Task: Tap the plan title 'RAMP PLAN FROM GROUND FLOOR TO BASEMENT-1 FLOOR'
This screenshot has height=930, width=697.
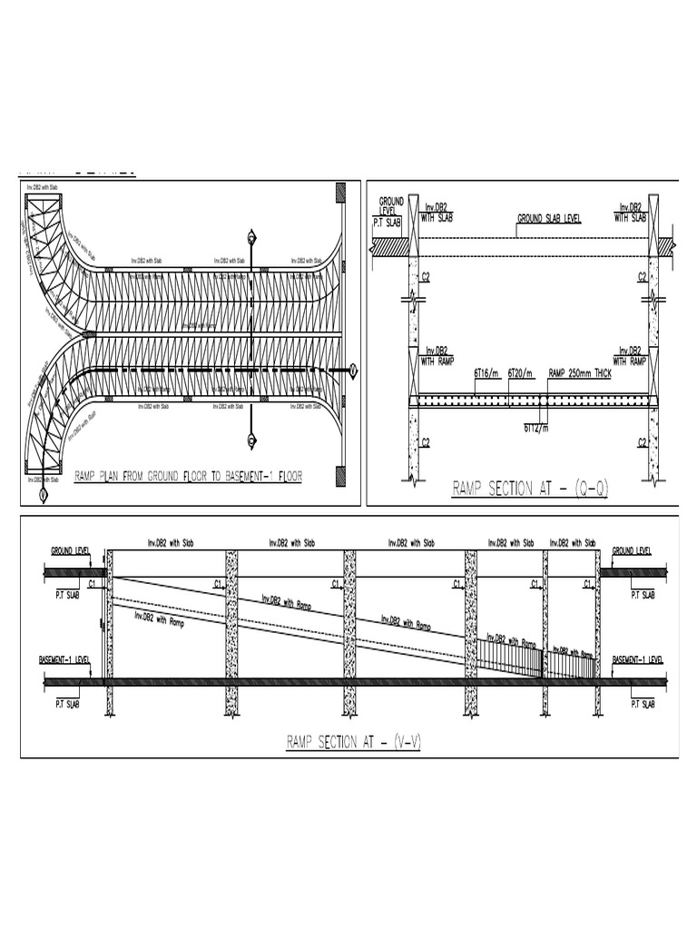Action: [x=188, y=475]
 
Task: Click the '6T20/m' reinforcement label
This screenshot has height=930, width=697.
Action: [x=522, y=372]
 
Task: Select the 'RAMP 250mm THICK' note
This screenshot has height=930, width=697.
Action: [x=579, y=372]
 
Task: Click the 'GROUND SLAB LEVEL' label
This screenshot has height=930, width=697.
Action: [x=549, y=219]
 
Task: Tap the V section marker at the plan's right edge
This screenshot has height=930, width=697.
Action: [x=354, y=370]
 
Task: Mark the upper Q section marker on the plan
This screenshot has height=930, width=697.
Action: [x=250, y=238]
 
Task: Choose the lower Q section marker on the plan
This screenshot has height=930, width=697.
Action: [x=250, y=441]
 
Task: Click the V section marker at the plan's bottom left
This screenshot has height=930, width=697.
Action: [x=42, y=495]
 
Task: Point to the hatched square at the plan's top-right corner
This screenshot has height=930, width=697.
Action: [x=340, y=193]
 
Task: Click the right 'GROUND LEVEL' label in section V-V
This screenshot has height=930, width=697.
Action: [x=633, y=550]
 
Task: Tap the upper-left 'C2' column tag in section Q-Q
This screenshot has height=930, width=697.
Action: [x=425, y=276]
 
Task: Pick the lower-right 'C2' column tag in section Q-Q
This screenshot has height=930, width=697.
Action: [x=642, y=442]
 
